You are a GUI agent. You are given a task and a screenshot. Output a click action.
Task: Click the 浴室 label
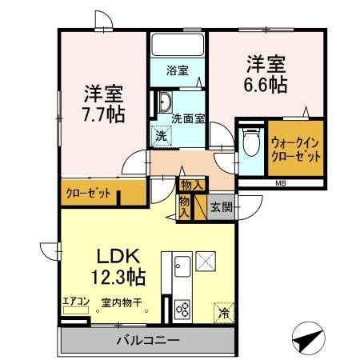178,70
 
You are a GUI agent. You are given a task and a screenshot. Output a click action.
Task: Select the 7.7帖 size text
102,114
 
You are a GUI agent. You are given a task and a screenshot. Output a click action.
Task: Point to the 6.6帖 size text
266,84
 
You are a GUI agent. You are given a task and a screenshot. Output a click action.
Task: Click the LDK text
119,257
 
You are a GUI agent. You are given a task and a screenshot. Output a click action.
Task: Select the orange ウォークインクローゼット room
296,150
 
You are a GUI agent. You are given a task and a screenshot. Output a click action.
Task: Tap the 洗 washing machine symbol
162,136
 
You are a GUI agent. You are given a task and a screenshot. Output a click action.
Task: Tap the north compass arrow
308,339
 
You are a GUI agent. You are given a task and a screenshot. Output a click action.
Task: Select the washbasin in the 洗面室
163,102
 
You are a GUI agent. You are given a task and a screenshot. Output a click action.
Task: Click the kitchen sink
180,265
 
